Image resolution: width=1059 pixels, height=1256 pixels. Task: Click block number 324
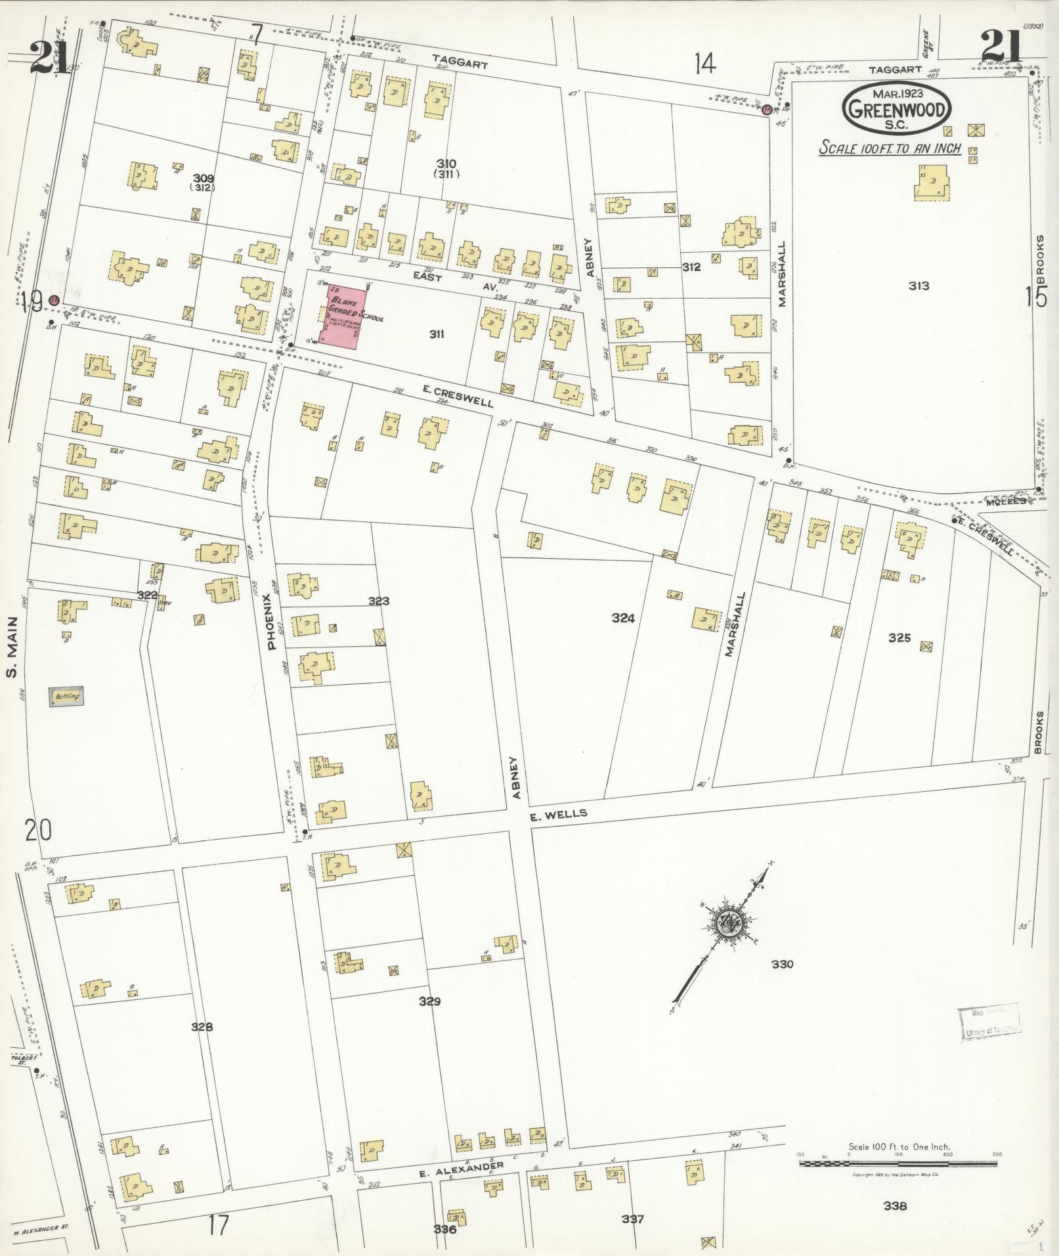[x=622, y=618]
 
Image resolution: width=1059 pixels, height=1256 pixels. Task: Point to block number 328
[x=202, y=1028]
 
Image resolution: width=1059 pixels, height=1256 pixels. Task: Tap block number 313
[x=919, y=286]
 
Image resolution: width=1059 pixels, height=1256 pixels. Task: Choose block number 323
[x=379, y=601]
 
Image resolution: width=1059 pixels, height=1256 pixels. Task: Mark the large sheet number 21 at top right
[x=1003, y=47]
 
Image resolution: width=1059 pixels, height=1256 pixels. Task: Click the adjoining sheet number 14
[x=705, y=64]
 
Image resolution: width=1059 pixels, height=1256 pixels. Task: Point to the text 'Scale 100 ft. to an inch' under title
[x=890, y=148]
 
